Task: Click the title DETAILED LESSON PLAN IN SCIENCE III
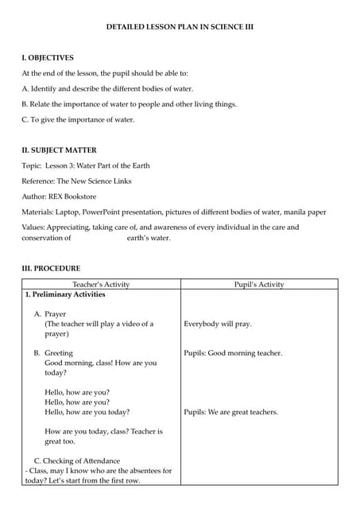pos(180,27)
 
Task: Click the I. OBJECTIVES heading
pos(48,58)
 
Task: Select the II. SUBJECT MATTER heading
pos(60,150)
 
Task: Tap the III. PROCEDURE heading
pos(51,269)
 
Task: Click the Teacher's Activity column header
pos(101,284)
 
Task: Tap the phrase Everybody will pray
pos(218,324)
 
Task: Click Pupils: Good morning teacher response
pos(233,353)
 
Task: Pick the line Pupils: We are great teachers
pos(230,412)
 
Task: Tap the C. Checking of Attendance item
pos(77,461)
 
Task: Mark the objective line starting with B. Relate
pos(118,104)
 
